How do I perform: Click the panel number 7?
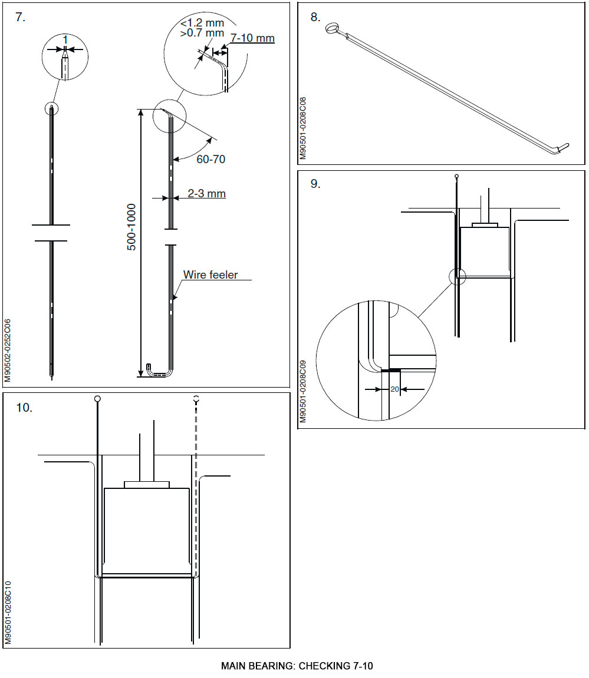click(x=20, y=17)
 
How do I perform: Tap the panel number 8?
click(x=315, y=17)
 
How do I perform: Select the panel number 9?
click(x=315, y=184)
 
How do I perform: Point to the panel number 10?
click(x=24, y=408)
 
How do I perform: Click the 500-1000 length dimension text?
click(x=131, y=227)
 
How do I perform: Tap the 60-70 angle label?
click(x=210, y=159)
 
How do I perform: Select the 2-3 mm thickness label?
click(x=206, y=193)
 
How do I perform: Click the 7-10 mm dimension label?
click(x=252, y=38)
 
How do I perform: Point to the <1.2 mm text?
click(x=202, y=23)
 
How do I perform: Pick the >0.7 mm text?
click(x=202, y=33)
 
